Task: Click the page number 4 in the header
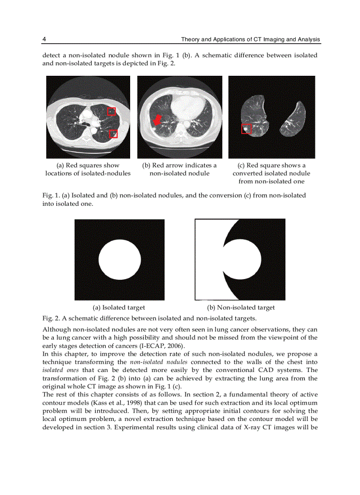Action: [44, 40]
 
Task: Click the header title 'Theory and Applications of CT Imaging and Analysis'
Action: [251, 40]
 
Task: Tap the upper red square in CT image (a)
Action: [112, 111]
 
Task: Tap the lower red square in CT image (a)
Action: [113, 134]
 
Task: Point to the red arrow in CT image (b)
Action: [157, 119]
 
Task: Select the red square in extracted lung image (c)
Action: [246, 129]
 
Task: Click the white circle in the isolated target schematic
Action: [119, 260]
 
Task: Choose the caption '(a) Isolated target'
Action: [118, 308]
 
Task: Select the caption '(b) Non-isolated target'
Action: [241, 308]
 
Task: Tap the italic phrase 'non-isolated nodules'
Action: [159, 362]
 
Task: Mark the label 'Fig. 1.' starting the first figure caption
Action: [51, 195]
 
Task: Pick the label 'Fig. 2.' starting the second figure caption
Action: [51, 318]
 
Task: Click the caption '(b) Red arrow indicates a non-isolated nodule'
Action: [179, 169]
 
